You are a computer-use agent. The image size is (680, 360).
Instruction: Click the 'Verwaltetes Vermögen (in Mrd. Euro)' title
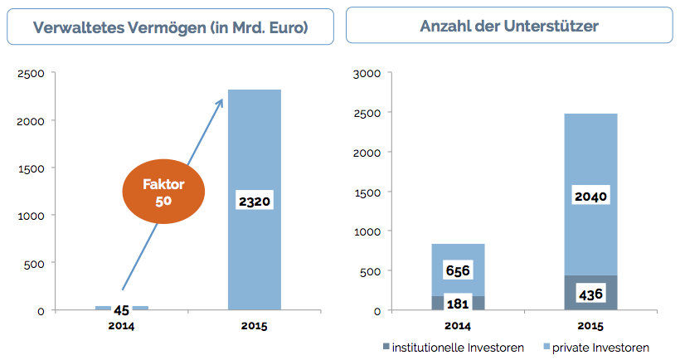(171, 27)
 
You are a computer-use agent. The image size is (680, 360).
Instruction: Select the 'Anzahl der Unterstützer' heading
(509, 27)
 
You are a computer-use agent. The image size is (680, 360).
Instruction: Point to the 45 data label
(121, 310)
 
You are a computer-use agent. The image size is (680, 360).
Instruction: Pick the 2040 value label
(591, 197)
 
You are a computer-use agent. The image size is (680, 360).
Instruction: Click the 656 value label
(458, 270)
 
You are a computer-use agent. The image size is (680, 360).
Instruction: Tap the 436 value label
(591, 293)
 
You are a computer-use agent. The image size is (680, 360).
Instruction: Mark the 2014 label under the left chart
(121, 326)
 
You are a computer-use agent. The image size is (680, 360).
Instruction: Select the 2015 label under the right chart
(591, 326)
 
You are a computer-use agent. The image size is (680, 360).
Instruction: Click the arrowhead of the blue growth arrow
(221, 102)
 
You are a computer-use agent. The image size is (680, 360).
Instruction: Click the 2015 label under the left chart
(255, 326)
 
